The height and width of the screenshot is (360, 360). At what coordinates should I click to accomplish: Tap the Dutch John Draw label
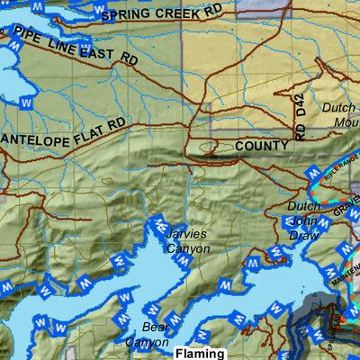point(303,220)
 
